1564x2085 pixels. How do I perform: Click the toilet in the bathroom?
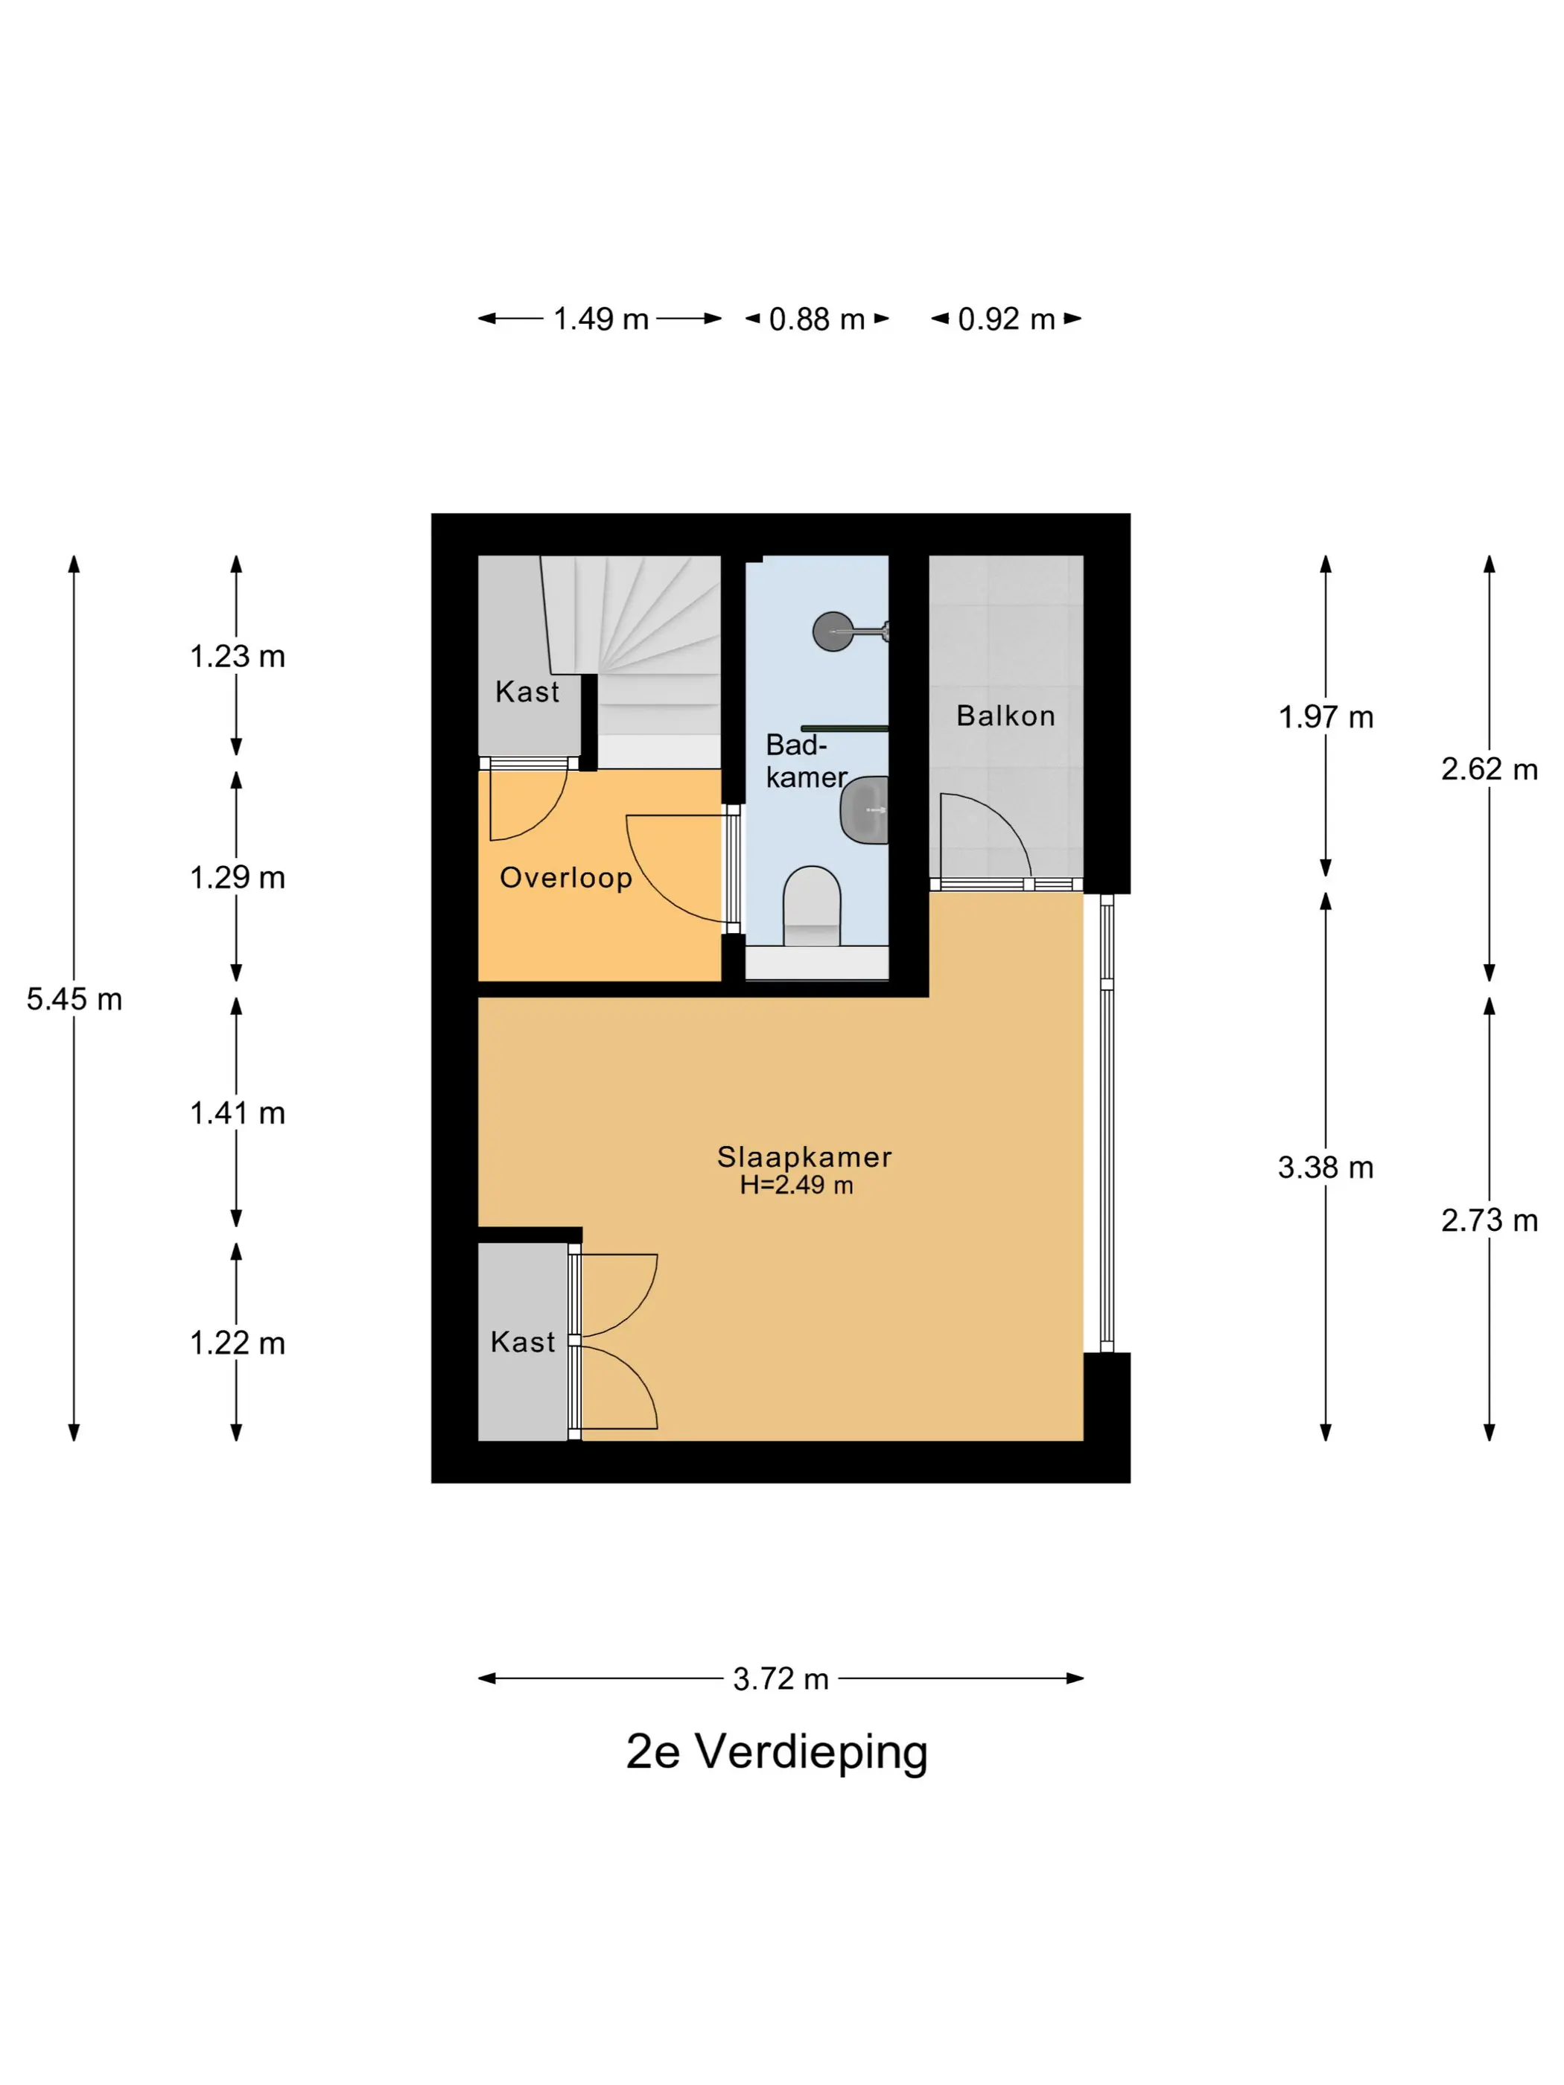(x=812, y=905)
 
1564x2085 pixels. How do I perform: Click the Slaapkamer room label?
(x=804, y=1156)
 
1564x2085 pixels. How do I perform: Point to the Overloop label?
(x=565, y=877)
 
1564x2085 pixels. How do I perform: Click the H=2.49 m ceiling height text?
(x=797, y=1185)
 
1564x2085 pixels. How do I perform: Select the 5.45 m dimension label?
(x=74, y=999)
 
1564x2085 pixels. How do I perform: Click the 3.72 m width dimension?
(x=781, y=1678)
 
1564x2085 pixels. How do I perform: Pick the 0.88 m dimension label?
(x=816, y=319)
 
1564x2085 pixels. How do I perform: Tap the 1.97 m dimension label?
(x=1326, y=717)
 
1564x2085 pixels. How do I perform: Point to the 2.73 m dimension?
(x=1489, y=1220)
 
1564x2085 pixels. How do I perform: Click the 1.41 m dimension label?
(x=237, y=1113)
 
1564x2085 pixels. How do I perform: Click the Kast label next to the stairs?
(x=527, y=692)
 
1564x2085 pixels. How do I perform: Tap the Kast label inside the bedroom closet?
(x=522, y=1343)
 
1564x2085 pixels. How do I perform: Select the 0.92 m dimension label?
(x=1006, y=319)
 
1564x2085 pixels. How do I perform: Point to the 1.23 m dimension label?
(x=237, y=656)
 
